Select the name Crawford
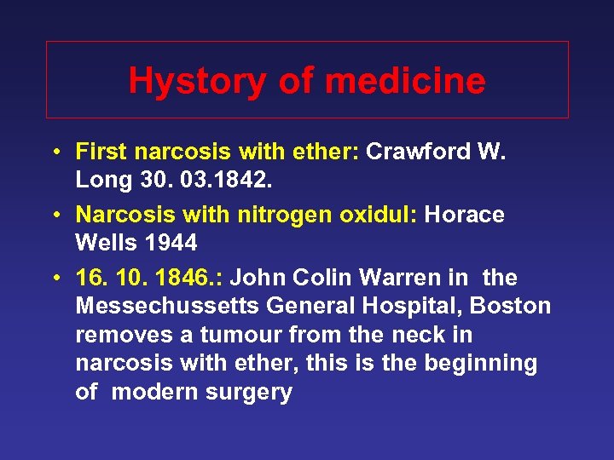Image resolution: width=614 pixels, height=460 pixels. [x=415, y=152]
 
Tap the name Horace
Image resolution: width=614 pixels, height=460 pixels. [x=464, y=216]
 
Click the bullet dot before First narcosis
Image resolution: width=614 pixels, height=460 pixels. [x=54, y=152]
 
